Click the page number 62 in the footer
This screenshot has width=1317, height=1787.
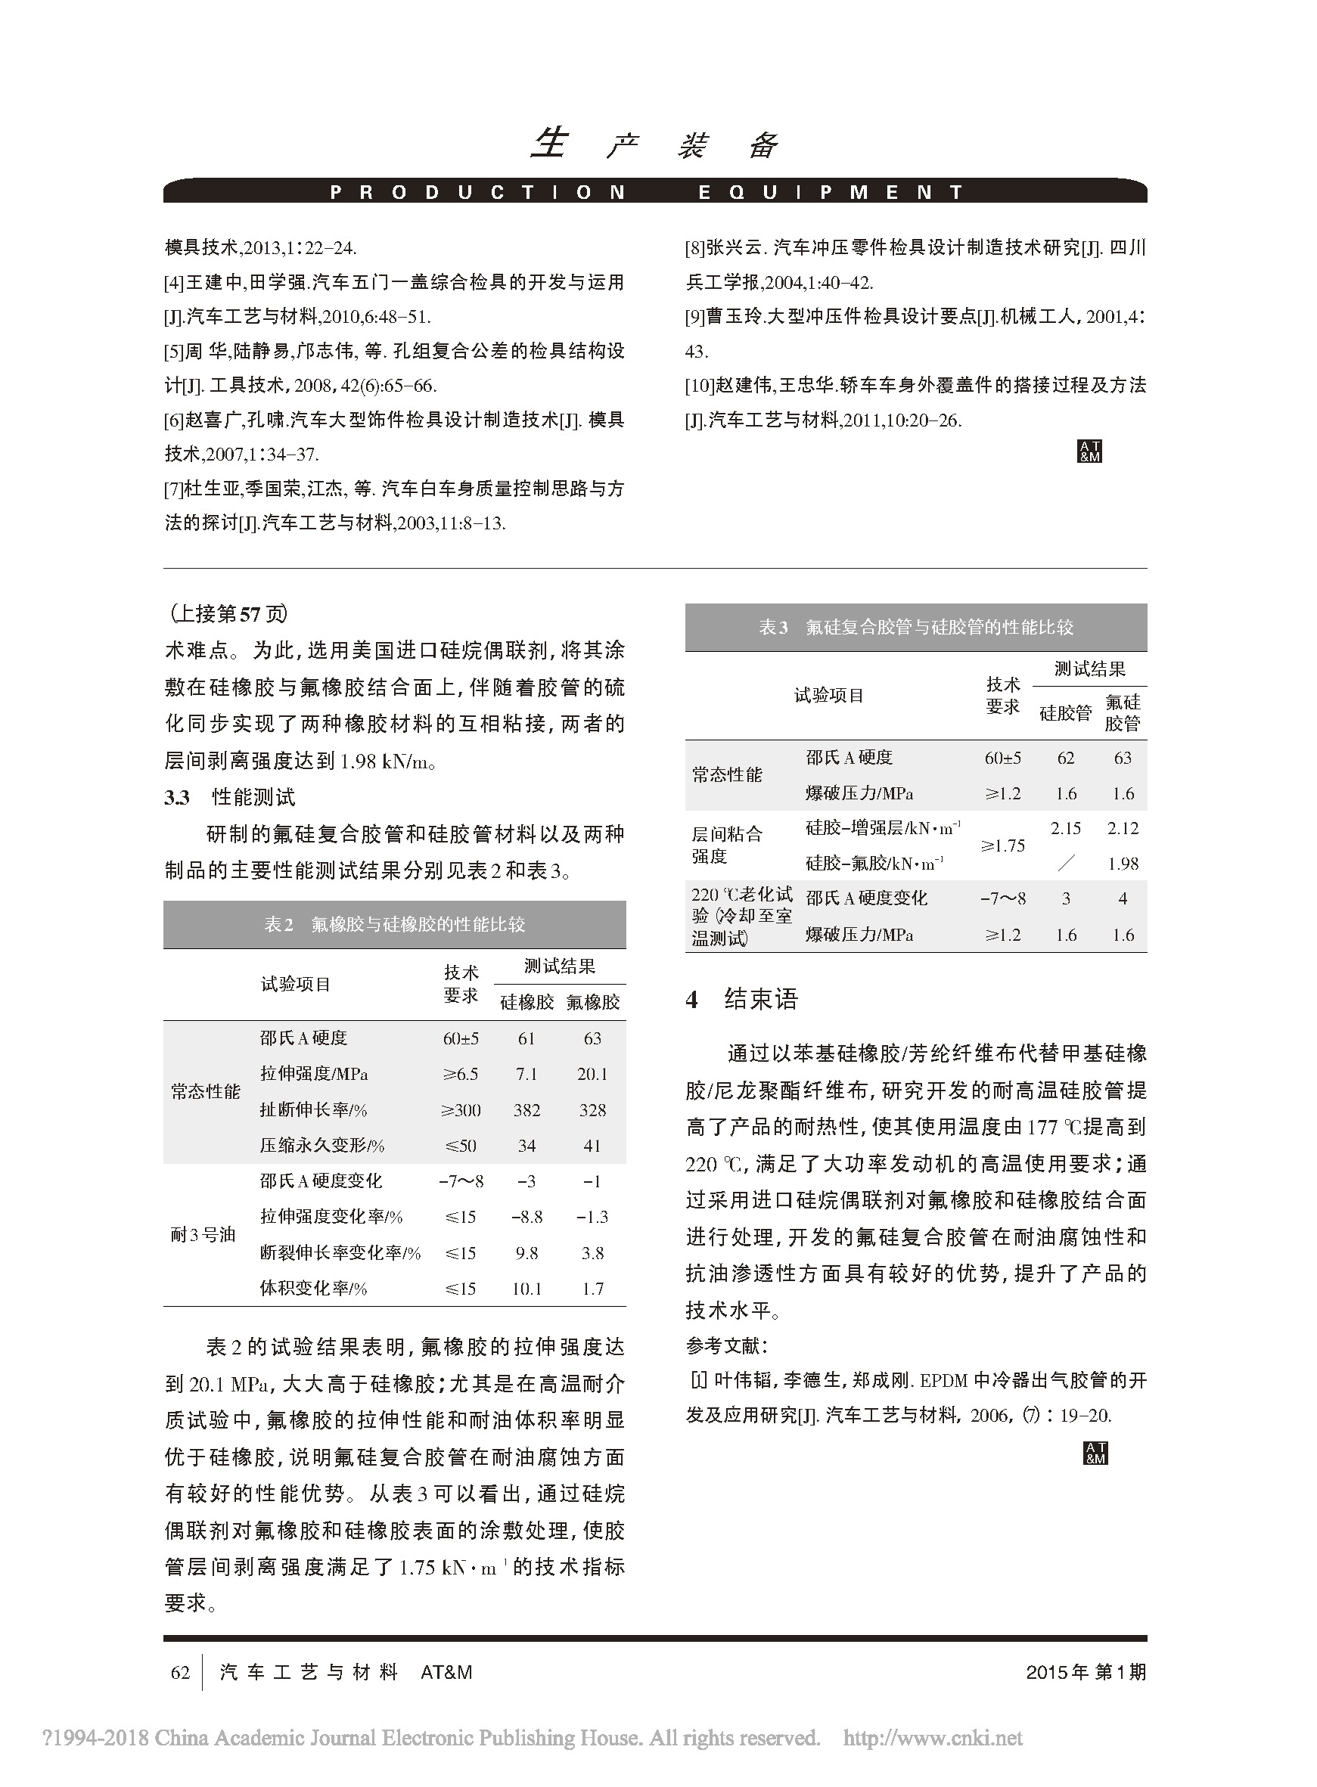(x=180, y=1671)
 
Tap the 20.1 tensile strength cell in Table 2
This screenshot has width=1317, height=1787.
(x=592, y=1074)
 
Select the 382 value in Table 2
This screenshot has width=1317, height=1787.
(x=527, y=1109)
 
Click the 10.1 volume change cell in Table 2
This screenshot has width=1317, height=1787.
(x=527, y=1288)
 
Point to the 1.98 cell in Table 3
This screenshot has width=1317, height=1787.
(x=1123, y=863)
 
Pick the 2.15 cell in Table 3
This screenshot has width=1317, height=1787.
(x=1066, y=828)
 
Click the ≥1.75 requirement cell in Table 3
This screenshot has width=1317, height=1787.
(x=1003, y=845)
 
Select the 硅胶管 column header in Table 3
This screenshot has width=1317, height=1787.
(x=1066, y=712)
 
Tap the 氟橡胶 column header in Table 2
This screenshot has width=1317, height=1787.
(x=592, y=1002)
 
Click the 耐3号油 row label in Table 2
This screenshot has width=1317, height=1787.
(x=203, y=1235)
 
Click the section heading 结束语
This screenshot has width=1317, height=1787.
(x=760, y=999)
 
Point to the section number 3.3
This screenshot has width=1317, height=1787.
(x=177, y=797)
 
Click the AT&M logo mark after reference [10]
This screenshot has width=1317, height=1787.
(x=1089, y=451)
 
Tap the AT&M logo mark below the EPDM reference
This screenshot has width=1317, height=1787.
(x=1095, y=1453)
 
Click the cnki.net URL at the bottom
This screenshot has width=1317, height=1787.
(x=933, y=1738)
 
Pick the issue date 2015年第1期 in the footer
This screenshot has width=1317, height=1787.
(x=1086, y=1671)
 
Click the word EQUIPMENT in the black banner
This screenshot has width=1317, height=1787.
(x=831, y=192)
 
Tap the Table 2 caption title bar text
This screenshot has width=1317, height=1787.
(x=395, y=925)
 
